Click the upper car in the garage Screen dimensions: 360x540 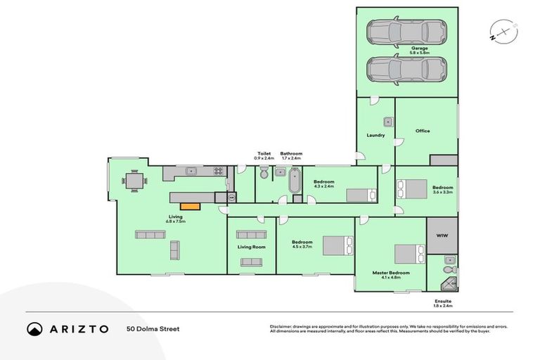(407, 32)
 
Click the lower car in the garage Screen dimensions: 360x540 (407, 70)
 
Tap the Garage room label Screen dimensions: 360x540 (419, 50)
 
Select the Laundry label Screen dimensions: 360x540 (375, 135)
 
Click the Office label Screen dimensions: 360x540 (422, 131)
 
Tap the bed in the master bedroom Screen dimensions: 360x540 (408, 253)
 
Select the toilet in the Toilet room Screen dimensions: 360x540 (263, 173)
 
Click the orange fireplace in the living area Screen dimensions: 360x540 (190, 206)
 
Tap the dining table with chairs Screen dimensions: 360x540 (134, 180)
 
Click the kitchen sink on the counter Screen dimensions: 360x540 (191, 171)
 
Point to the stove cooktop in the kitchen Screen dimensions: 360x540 (218, 171)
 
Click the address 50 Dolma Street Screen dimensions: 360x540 (153, 329)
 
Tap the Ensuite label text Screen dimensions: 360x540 (443, 301)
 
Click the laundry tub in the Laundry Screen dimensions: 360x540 (387, 122)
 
